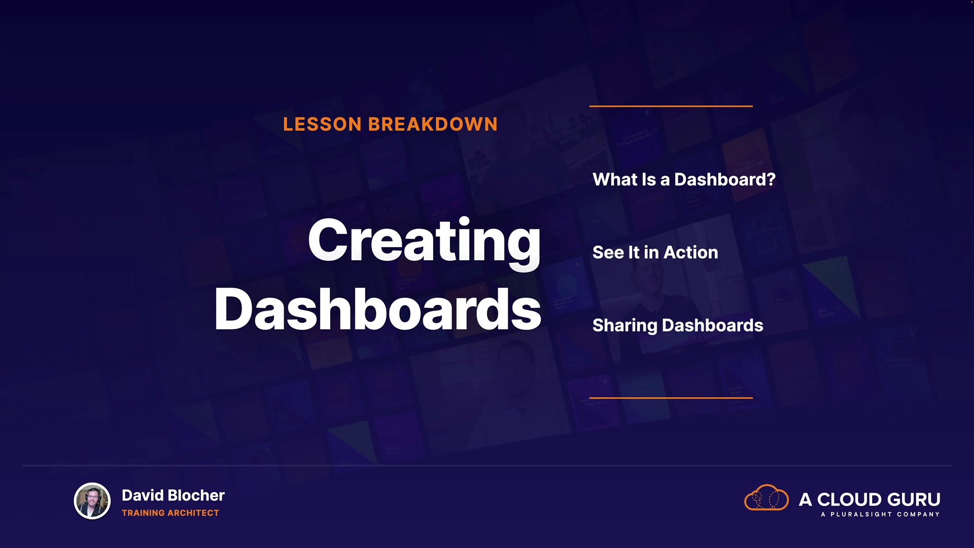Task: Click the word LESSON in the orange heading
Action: [x=322, y=124]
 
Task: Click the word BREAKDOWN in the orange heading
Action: [x=433, y=124]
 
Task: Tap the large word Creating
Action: [x=424, y=241]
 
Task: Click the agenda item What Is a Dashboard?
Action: [x=684, y=179]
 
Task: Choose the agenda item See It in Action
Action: [x=655, y=252]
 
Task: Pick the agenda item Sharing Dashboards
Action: [x=678, y=325]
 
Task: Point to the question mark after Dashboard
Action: [x=771, y=179]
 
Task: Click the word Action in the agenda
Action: [x=690, y=252]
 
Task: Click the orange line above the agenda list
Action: [x=671, y=106]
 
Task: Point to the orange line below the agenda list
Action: [x=671, y=398]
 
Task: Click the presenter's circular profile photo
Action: [x=92, y=501]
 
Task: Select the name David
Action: [x=143, y=495]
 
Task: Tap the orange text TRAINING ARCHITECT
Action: [x=170, y=513]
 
